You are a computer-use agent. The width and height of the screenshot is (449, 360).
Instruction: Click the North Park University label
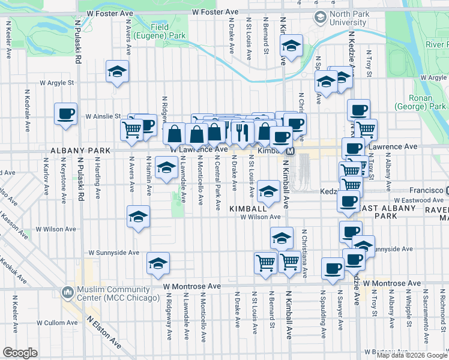pos(348,18)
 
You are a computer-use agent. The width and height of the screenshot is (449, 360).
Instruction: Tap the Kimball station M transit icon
pos(290,151)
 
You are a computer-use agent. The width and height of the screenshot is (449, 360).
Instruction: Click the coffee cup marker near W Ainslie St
pos(66,113)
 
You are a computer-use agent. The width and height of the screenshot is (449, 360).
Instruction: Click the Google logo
pos(20,353)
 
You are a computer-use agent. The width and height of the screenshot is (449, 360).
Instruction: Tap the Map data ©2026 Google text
pos(412,355)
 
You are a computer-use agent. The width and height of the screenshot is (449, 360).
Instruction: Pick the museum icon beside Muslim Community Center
pos(66,293)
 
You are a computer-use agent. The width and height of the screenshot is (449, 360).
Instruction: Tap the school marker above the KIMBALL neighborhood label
pos(268,191)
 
